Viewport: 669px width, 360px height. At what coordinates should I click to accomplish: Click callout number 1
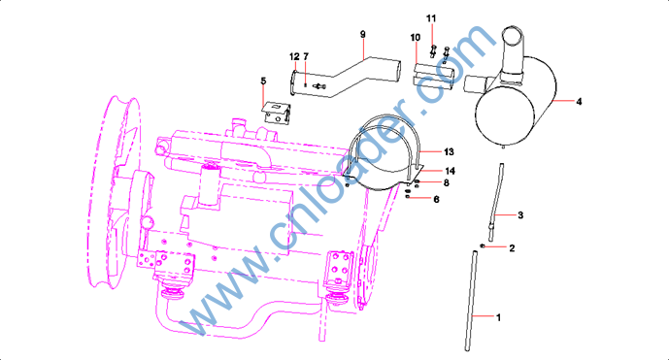tap(498, 317)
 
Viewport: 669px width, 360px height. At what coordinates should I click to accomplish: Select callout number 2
tap(512, 247)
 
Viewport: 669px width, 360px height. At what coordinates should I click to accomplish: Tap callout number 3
tap(520, 215)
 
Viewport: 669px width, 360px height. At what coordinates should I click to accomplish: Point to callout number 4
tap(579, 102)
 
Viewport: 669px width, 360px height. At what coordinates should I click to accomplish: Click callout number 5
tap(263, 82)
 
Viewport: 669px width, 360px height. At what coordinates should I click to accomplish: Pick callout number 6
tap(436, 199)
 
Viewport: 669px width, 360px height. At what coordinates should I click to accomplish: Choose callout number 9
tap(363, 34)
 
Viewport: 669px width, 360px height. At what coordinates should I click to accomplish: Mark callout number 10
tap(416, 38)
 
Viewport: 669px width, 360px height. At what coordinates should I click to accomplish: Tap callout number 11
tap(431, 18)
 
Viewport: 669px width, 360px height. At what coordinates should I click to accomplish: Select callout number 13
tap(449, 151)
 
